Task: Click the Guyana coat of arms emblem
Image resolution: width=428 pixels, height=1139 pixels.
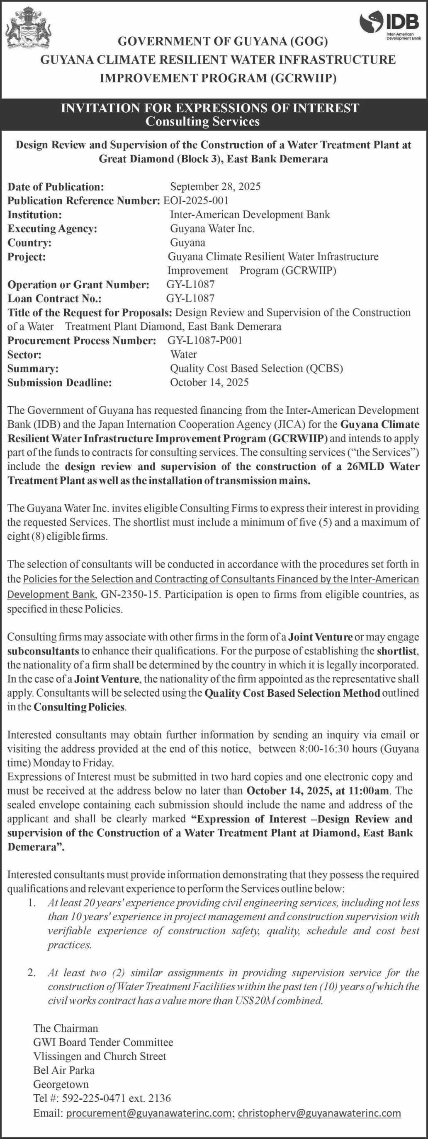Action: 27,27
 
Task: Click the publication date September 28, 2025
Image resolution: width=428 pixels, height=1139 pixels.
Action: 215,186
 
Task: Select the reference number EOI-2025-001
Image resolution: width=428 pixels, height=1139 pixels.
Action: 196,200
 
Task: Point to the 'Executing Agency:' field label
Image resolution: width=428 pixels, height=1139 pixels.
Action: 52,229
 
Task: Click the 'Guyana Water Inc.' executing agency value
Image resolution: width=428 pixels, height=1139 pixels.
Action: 212,229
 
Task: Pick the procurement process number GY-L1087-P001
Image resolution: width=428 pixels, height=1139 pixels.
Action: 205,340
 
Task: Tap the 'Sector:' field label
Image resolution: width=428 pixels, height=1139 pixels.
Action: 25,355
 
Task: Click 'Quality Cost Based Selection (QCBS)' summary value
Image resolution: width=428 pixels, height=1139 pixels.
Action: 257,369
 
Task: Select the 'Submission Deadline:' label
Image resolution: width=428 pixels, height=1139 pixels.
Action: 60,383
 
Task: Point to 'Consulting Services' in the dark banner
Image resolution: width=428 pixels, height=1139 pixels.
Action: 203,121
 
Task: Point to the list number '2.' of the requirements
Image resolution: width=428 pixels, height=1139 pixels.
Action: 31,973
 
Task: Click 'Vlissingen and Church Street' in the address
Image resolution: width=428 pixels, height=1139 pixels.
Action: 100,1056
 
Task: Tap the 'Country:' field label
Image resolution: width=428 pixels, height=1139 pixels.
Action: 30,243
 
